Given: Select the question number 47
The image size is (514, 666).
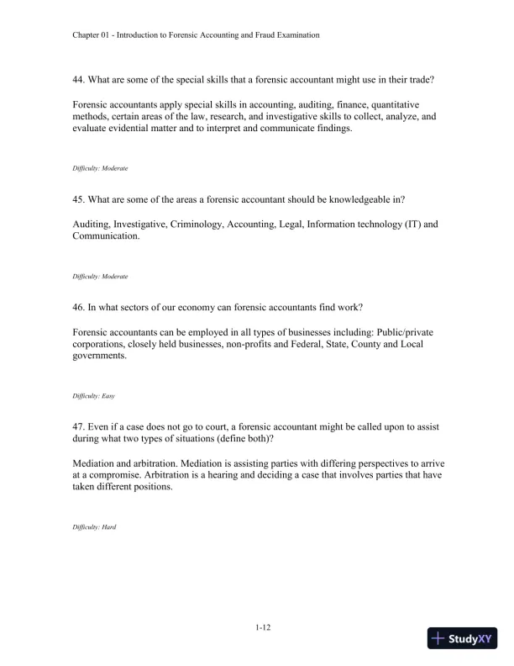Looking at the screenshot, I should point(81,426).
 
